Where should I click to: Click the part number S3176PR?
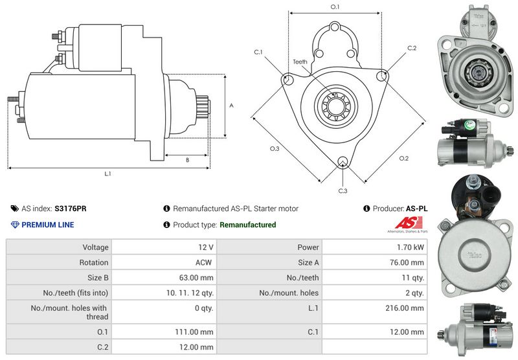(71, 208)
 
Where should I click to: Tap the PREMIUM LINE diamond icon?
(15, 225)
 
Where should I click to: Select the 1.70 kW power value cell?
(375, 247)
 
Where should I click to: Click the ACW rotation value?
(203, 263)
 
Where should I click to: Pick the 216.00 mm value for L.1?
(404, 308)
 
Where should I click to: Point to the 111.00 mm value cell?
(164, 332)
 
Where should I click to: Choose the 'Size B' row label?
(98, 278)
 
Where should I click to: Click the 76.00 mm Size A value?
(407, 263)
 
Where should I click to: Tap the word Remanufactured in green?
(248, 225)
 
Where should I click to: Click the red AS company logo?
(409, 223)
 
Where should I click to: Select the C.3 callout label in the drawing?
(343, 191)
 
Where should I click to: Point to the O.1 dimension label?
(335, 6)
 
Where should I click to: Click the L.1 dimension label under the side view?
(107, 174)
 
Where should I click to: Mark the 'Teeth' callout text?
(300, 62)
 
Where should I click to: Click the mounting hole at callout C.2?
(382, 76)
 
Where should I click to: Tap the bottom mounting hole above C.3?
(343, 161)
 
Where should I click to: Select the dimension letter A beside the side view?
(231, 106)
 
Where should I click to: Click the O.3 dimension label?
(275, 149)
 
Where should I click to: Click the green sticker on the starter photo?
(469, 124)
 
